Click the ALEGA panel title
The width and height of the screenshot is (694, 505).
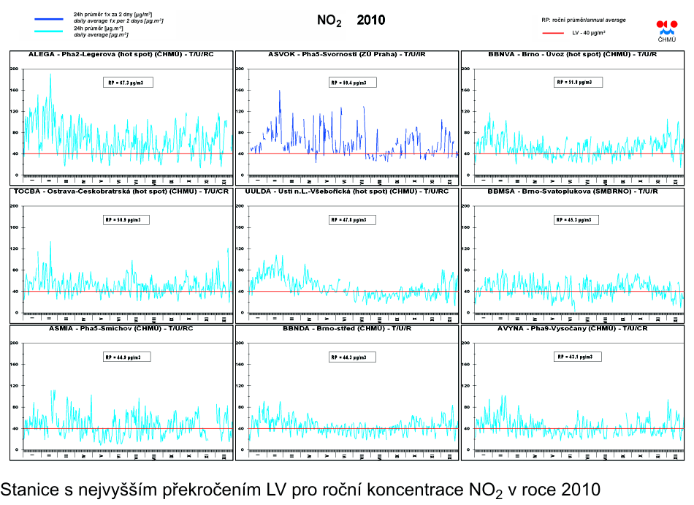tap(121, 55)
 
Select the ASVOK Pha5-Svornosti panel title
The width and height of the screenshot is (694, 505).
tap(347, 55)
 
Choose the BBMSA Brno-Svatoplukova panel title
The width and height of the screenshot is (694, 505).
tap(572, 191)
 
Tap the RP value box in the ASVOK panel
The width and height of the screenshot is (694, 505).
tap(353, 83)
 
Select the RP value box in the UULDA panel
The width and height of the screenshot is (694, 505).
tap(353, 219)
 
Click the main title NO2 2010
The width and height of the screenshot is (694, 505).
tap(351, 20)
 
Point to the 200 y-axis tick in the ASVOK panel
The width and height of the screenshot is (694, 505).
tap(239, 69)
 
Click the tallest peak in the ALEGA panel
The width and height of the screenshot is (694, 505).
tap(50, 75)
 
